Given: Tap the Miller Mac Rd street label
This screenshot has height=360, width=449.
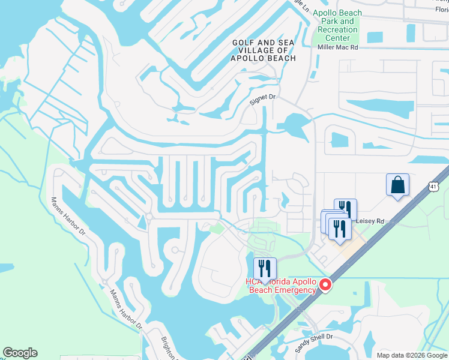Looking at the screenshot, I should click(337, 47).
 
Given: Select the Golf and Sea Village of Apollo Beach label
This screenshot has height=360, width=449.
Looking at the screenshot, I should click(264, 50).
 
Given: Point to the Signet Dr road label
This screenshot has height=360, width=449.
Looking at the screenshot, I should click(262, 103).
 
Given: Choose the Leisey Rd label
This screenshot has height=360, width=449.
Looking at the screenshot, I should click(369, 221).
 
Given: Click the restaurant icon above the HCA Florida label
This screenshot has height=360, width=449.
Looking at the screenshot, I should click(264, 268).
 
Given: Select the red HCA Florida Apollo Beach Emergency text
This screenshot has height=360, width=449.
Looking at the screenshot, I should click(280, 286).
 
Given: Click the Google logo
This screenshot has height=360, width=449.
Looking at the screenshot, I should click(20, 353).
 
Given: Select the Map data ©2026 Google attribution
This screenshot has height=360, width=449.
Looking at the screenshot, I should click(411, 355).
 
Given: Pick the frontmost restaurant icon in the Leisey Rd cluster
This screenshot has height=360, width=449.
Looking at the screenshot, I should click(340, 229).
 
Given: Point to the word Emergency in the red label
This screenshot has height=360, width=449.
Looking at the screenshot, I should click(293, 290).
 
